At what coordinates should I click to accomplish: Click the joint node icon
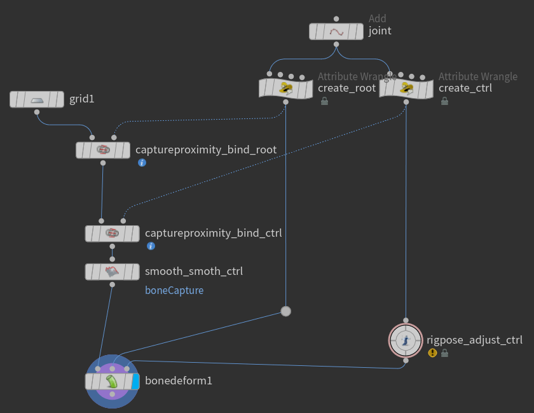pos(336,31)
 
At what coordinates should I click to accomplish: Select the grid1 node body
pos(37,99)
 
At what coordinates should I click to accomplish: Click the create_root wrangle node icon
pos(286,88)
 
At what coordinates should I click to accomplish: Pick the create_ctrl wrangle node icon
pos(406,88)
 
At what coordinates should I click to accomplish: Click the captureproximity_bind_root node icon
pos(103,150)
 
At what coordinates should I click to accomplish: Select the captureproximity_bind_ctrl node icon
pos(113,233)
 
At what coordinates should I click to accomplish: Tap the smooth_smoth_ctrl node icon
pos(113,272)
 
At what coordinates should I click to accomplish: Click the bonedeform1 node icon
pos(112,381)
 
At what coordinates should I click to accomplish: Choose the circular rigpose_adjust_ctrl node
pos(406,341)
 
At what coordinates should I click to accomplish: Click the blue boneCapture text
pos(174,290)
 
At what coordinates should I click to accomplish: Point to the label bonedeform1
pos(179,381)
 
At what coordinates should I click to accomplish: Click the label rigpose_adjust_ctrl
pos(474,340)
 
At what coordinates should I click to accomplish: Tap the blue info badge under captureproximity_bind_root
pos(142,163)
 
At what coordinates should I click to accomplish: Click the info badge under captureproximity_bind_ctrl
pos(151,246)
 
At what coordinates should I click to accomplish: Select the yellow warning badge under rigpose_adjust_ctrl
pos(432,353)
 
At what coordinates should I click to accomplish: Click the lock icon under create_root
pos(324,101)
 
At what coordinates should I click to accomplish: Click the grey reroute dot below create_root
pos(286,311)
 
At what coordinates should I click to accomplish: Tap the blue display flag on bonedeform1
pos(135,381)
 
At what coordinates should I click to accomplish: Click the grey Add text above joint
pos(378,19)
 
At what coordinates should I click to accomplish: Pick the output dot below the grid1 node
pos(37,112)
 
